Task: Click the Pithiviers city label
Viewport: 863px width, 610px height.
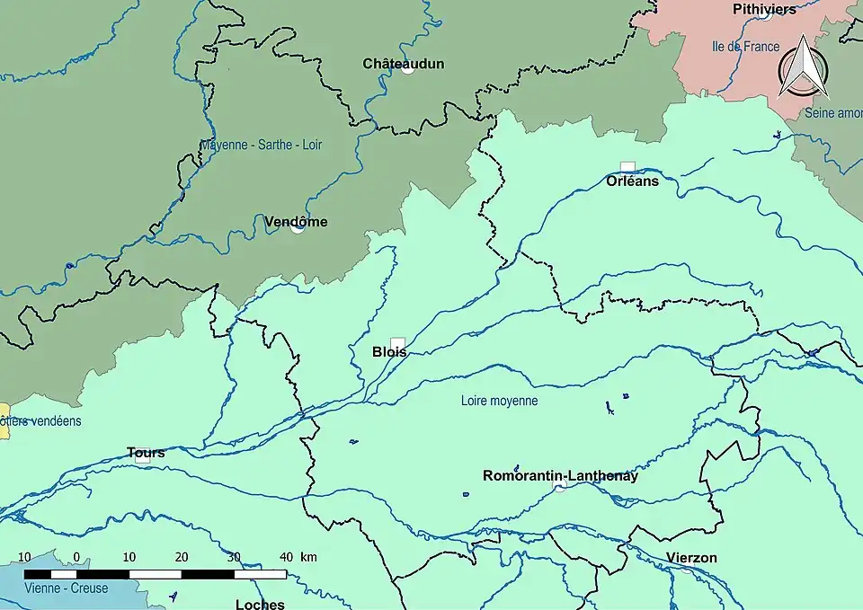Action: pyautogui.click(x=764, y=9)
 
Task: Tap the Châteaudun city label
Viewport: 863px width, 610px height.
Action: pyautogui.click(x=403, y=64)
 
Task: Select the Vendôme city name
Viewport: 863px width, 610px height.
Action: pyautogui.click(x=296, y=222)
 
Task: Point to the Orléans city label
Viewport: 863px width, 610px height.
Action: pyautogui.click(x=632, y=181)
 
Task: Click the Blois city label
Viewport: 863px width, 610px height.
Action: pyautogui.click(x=389, y=352)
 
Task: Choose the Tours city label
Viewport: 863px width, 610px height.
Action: pyautogui.click(x=146, y=453)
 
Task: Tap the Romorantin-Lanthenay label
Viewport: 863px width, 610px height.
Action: pyautogui.click(x=560, y=476)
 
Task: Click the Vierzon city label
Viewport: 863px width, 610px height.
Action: pyautogui.click(x=691, y=558)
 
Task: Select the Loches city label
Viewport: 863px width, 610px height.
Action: pyautogui.click(x=260, y=605)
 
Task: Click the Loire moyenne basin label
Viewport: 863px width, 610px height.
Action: pyautogui.click(x=499, y=401)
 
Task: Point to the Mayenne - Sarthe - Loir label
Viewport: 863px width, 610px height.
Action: pyautogui.click(x=261, y=145)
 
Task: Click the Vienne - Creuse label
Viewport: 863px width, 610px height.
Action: pyautogui.click(x=67, y=588)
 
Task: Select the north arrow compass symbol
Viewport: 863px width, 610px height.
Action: pyautogui.click(x=803, y=69)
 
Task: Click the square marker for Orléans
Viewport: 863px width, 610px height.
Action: pyautogui.click(x=627, y=167)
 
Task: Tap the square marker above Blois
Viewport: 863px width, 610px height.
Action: pyautogui.click(x=397, y=342)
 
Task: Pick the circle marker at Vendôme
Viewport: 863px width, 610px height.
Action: pyautogui.click(x=298, y=228)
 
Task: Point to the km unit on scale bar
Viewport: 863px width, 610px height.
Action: pyautogui.click(x=308, y=557)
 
